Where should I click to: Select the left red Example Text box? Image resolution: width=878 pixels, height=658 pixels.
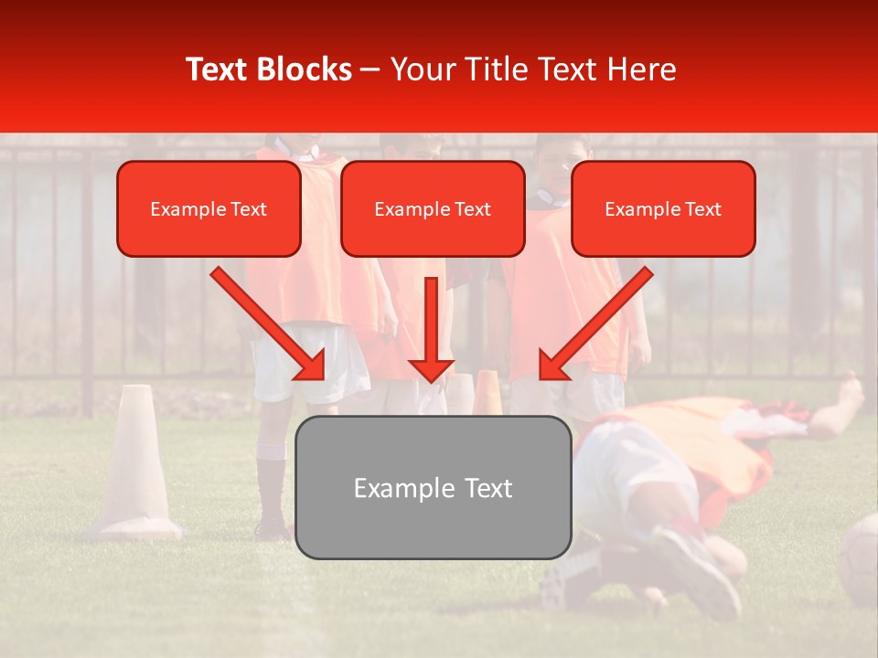(x=209, y=209)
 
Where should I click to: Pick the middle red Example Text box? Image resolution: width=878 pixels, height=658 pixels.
(x=433, y=209)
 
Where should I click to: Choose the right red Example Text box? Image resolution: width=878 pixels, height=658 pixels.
(x=663, y=209)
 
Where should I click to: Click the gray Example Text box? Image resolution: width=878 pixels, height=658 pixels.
(x=433, y=487)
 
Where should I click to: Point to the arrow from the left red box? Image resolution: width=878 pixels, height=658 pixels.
(x=270, y=324)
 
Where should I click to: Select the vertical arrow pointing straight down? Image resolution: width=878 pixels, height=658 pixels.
(x=431, y=329)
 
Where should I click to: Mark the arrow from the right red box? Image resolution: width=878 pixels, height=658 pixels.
(x=594, y=324)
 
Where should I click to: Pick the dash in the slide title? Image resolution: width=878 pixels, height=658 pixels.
(x=369, y=70)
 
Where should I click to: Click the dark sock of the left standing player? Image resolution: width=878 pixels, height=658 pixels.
(x=271, y=489)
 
